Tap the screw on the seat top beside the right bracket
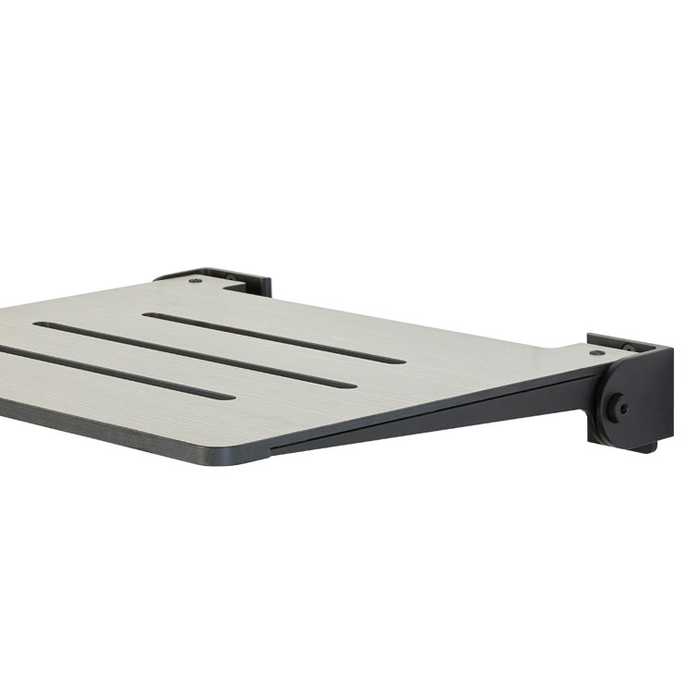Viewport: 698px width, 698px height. coord(597,352)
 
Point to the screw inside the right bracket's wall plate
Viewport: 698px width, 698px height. coord(629,348)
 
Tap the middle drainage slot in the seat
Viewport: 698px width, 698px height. coord(194,354)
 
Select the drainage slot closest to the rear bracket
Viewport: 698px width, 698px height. coord(274,337)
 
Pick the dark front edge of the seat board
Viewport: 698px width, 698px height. coord(120,430)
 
